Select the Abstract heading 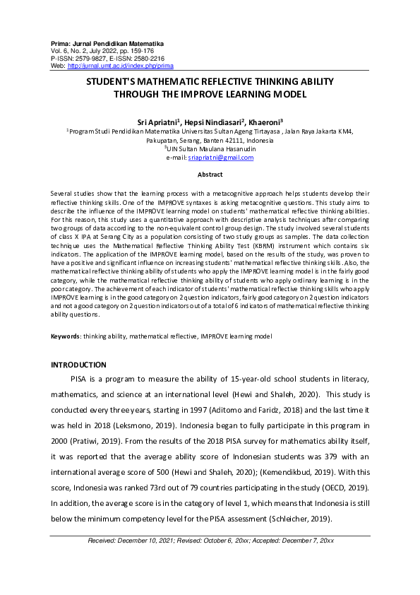point(210,175)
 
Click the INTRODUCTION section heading point(79,365)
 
